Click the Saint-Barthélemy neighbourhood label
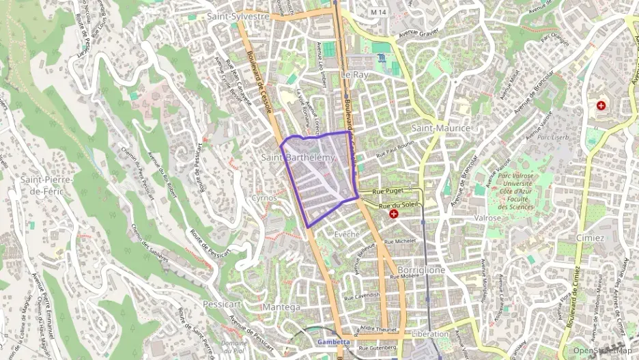[x=299, y=158]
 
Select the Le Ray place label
[x=354, y=74]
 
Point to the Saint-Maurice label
[x=441, y=128]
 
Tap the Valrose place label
[x=487, y=218]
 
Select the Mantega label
[x=281, y=307]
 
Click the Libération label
[x=431, y=334]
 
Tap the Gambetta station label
[x=334, y=342]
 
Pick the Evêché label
[x=347, y=234]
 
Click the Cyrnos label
[x=264, y=197]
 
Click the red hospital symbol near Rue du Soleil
[x=394, y=214]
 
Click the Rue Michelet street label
[x=400, y=242]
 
